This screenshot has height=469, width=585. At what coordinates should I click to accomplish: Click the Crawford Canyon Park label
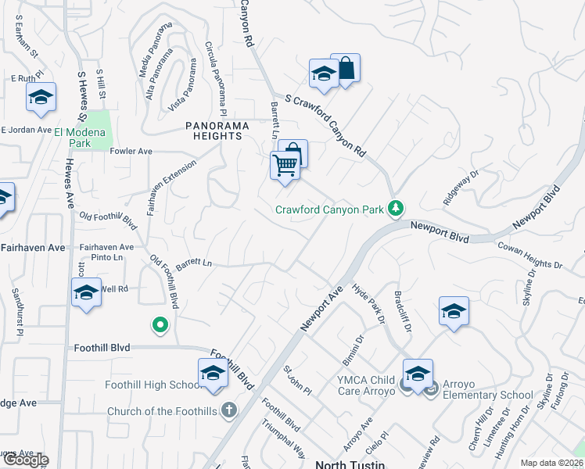pos(329,209)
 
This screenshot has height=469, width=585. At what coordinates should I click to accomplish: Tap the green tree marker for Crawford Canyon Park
pos(396,208)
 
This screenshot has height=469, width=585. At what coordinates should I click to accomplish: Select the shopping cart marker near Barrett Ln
pos(285,166)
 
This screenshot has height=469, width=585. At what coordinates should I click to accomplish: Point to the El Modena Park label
pos(83,138)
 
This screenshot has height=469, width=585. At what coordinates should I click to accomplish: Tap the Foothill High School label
pos(155,385)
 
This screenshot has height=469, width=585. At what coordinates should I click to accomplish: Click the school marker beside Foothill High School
pos(213,374)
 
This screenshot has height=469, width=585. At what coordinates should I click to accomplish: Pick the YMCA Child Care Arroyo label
pos(362,386)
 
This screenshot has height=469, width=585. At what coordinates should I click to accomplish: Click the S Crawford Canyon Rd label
pos(325,124)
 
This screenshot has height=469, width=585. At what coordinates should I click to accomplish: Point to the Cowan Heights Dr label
pos(530,256)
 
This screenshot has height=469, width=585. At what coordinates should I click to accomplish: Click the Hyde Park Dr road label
pos(369,303)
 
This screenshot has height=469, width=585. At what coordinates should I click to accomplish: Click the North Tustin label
pos(350,464)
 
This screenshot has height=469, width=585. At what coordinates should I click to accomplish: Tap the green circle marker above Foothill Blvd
pos(160,324)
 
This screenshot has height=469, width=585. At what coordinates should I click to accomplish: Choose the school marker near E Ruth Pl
pos(40,98)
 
